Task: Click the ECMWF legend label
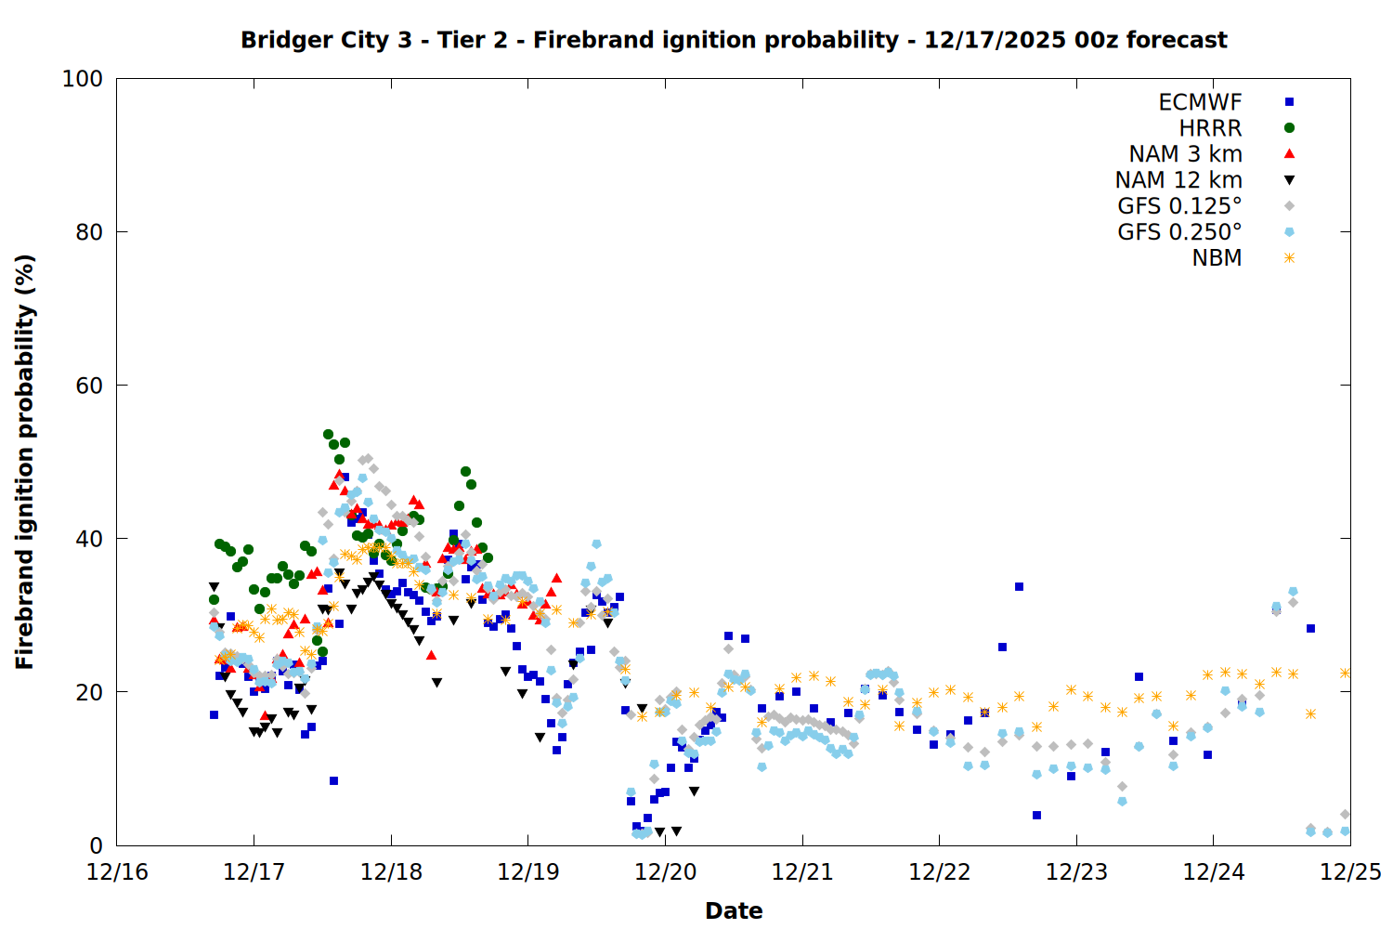1200,102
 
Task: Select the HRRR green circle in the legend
1289,128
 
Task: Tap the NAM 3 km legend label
1185,154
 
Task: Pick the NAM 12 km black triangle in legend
1289,180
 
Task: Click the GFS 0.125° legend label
1179,206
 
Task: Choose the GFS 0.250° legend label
1179,232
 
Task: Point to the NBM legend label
1217,258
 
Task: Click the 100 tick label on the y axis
83,79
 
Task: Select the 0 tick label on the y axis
96,845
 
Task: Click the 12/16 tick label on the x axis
117,872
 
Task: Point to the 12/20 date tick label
665,872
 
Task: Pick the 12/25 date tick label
1350,872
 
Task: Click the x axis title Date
734,910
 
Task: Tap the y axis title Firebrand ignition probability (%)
25,462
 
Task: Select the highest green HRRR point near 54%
328,434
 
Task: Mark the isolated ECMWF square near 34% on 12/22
1019,586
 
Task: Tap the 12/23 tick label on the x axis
1076,872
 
